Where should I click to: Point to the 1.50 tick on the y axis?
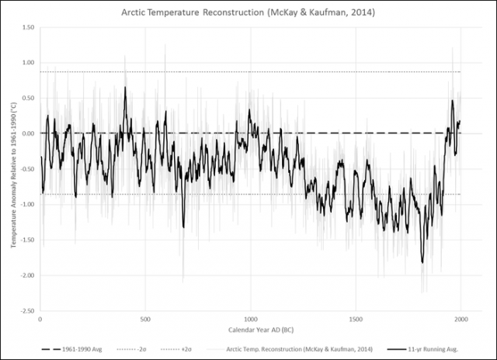(27, 27)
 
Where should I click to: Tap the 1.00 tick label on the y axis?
(27, 63)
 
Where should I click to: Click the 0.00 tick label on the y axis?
(27, 133)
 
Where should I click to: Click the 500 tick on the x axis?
(145, 319)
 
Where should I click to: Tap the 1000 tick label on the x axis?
(251, 319)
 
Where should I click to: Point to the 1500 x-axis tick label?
(356, 319)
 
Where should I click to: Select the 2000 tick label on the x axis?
(461, 319)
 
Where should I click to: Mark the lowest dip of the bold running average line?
(422, 262)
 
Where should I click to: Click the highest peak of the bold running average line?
(125, 87)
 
